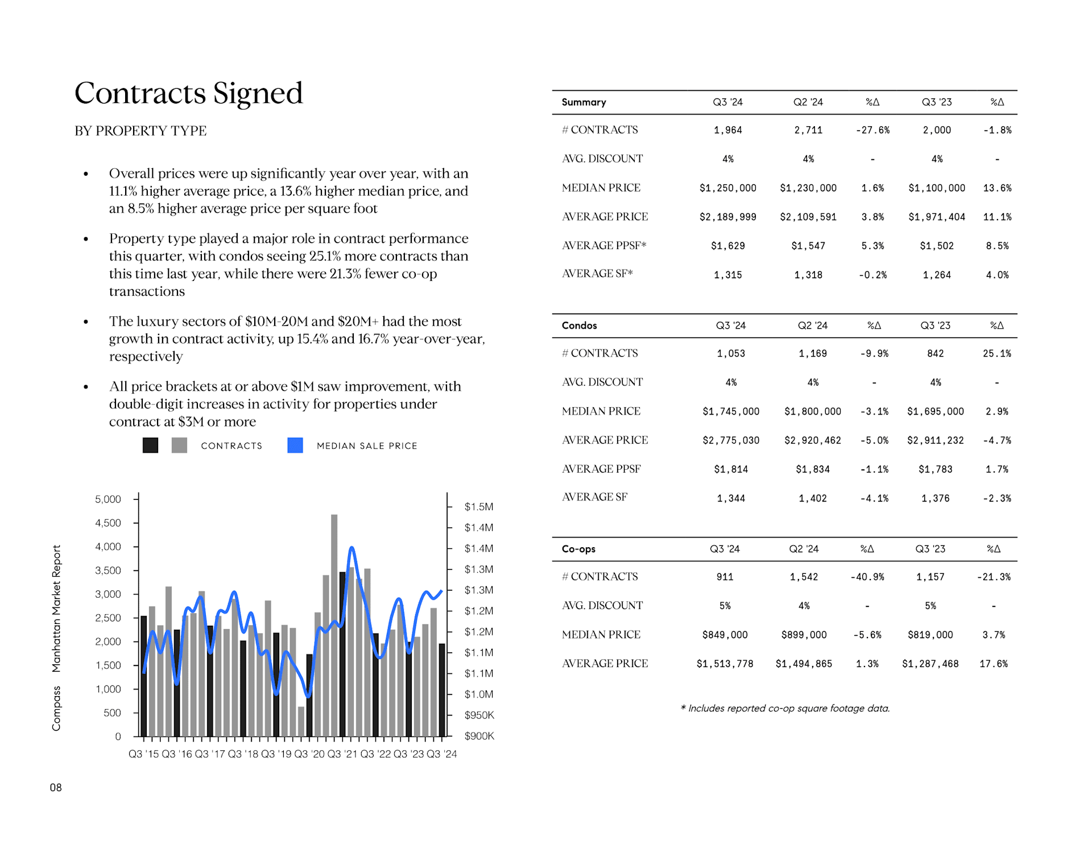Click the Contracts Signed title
[188, 93]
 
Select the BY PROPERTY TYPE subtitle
[140, 131]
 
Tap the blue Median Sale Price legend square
[295, 445]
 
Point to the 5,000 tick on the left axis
[108, 499]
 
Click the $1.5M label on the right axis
[479, 507]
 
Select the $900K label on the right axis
[479, 736]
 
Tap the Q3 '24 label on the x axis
[442, 754]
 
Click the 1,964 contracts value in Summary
[728, 130]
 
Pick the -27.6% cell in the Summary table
[872, 130]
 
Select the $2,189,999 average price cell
[728, 217]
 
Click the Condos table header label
[579, 325]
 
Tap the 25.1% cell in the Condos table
[997, 354]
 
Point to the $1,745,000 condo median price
[731, 412]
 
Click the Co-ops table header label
[578, 549]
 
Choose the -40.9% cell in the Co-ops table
[867, 577]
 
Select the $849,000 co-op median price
[725, 635]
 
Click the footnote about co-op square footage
[785, 709]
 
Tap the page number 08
[56, 788]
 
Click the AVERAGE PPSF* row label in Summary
[604, 246]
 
